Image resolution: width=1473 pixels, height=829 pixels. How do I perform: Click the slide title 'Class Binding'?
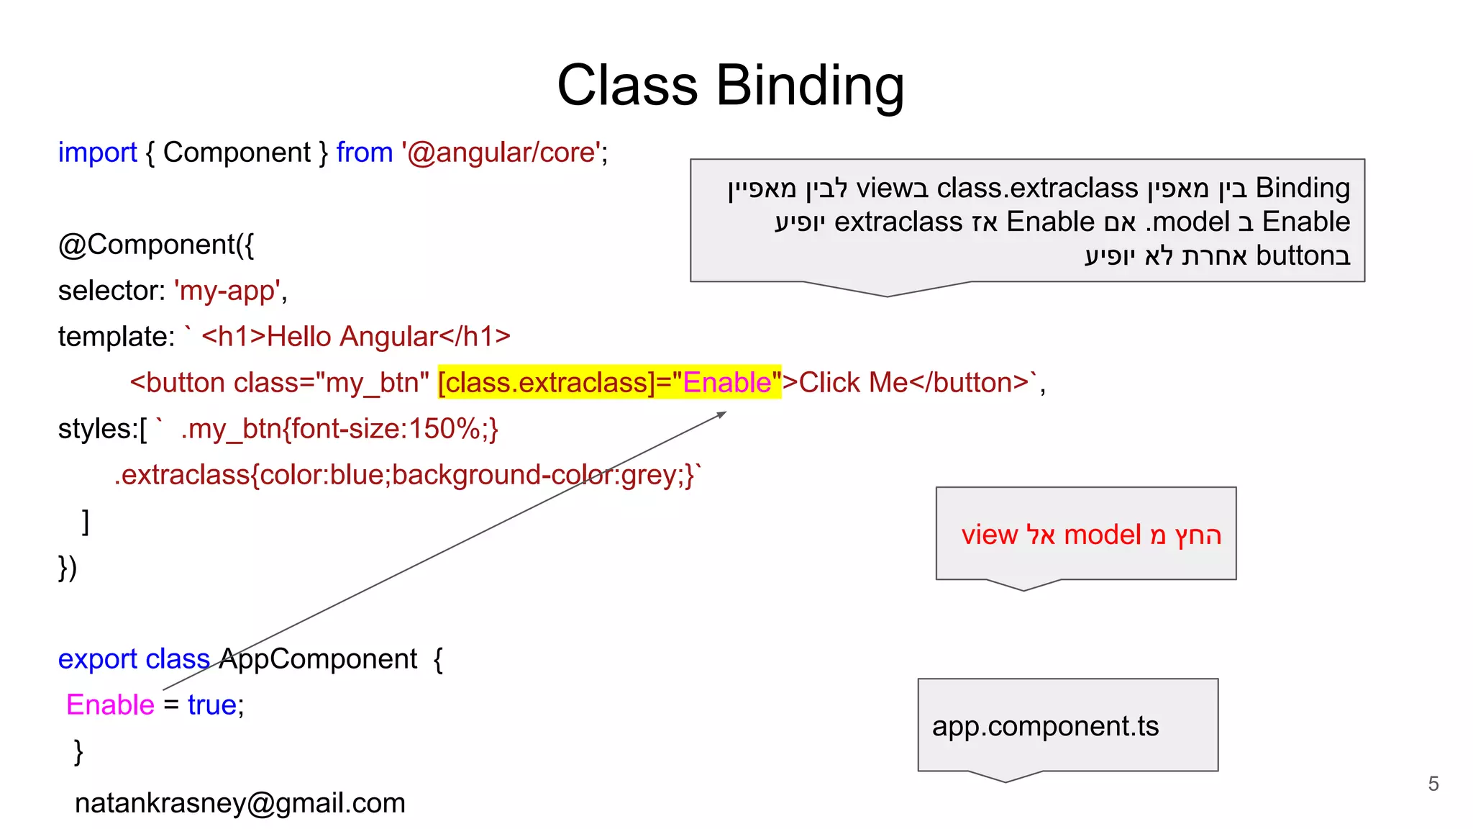(730, 86)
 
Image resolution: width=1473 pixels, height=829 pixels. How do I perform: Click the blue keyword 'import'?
(97, 153)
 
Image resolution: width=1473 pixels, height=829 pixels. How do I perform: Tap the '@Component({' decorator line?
(156, 245)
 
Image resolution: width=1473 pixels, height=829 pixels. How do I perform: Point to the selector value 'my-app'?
(227, 291)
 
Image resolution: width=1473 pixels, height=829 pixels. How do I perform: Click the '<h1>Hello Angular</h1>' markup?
(356, 337)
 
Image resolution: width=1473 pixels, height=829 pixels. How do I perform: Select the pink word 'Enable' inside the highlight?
(726, 382)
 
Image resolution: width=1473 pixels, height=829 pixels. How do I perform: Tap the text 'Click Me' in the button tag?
(854, 382)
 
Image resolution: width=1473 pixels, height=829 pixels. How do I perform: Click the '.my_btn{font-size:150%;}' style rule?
(339, 429)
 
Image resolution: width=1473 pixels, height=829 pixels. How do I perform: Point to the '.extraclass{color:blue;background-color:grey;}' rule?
(406, 475)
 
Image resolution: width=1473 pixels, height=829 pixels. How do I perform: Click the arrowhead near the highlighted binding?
(722, 414)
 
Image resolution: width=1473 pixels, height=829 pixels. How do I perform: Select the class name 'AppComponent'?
(318, 658)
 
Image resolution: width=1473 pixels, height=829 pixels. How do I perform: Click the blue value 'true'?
(211, 705)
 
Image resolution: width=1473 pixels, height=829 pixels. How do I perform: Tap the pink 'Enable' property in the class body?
(110, 705)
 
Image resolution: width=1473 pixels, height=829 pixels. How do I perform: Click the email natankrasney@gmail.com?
(240, 803)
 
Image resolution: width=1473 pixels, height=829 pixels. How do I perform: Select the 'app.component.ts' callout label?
(1045, 726)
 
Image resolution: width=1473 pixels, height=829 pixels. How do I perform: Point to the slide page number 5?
(1433, 784)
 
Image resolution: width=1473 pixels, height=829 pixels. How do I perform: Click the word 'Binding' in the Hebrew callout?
(1303, 188)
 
